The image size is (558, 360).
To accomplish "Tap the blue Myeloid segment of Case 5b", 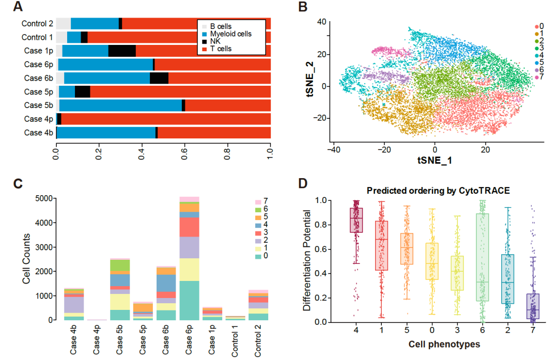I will point(120,105).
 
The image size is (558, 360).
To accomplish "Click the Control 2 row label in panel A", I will point(37,23).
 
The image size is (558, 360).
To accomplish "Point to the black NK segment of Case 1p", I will point(122,51).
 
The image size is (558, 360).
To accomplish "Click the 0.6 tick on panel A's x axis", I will point(184,153).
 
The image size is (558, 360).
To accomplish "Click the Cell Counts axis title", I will point(26,260).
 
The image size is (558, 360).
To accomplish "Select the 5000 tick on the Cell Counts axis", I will point(44,198).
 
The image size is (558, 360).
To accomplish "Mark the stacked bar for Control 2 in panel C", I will point(259,305).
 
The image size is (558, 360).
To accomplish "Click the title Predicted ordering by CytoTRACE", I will point(439,190).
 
